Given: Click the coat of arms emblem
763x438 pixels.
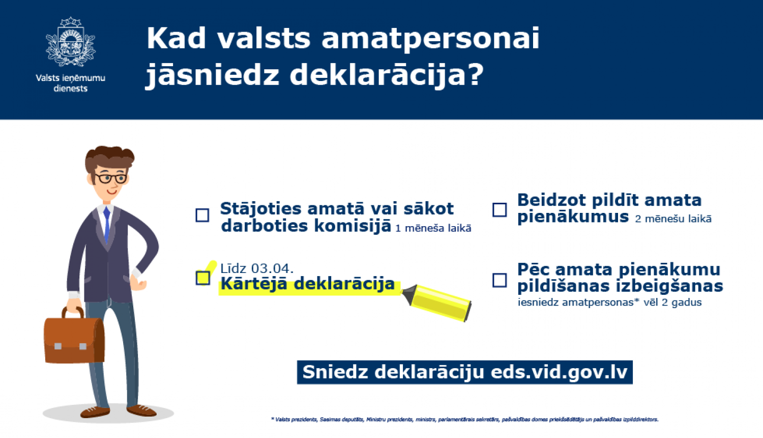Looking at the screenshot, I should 70,42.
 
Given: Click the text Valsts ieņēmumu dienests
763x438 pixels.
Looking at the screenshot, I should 70,83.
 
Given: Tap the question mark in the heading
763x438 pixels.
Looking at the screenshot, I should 476,75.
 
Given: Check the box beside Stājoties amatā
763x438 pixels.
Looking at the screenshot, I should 202,215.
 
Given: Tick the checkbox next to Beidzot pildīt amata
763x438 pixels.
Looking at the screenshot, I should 500,210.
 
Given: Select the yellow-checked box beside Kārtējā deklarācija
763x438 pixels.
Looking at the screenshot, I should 203,278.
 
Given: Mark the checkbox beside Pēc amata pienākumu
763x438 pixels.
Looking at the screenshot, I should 500,280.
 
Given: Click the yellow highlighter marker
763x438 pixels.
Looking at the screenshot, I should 438,302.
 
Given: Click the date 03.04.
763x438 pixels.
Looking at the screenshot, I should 272,268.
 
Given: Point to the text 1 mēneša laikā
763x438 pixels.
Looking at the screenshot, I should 433,229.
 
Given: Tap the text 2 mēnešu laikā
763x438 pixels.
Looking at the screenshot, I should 673,219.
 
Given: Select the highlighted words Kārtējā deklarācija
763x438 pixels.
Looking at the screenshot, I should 307,284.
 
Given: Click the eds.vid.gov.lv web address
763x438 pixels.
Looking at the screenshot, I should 559,372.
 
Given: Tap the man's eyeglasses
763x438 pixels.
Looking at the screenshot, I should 110,179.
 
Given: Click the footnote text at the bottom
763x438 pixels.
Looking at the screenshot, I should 464,420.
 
